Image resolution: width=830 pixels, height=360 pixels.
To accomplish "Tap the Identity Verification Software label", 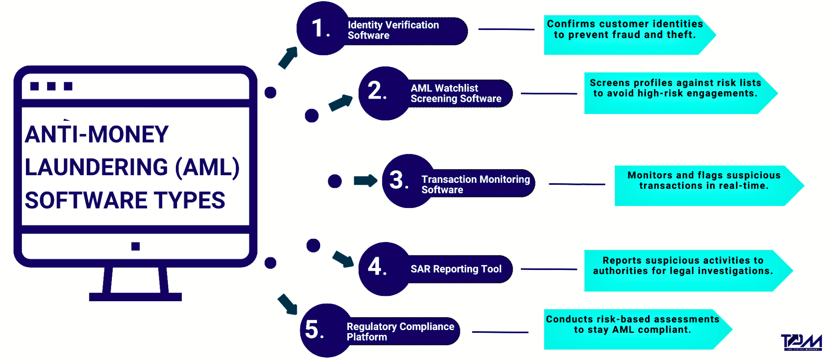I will click(393, 30).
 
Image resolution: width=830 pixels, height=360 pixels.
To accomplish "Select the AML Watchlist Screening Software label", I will click(456, 94).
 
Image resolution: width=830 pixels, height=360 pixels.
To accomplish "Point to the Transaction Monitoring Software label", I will click(475, 184).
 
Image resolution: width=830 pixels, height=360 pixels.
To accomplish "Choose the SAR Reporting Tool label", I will click(456, 269).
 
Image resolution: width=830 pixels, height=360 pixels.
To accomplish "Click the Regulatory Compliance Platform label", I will click(400, 332).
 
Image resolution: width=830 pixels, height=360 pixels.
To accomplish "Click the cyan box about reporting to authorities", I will click(683, 270).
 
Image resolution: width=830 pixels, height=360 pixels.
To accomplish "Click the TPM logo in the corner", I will click(801, 342).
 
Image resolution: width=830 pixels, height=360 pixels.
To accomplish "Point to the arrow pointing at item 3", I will click(365, 180).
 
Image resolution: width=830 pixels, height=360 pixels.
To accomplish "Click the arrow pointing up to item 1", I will click(288, 58).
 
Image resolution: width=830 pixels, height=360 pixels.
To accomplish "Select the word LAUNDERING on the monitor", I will click(96, 167).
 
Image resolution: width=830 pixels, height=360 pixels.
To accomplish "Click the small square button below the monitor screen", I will click(135, 246).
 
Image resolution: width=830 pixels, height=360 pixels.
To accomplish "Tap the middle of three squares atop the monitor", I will click(51, 86).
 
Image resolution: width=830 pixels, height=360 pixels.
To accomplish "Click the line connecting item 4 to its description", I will click(549, 269).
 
